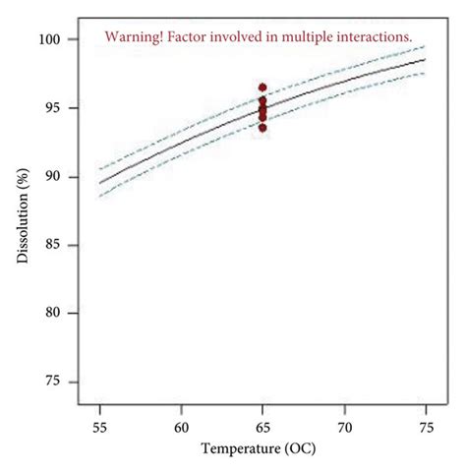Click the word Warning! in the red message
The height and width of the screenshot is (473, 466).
tap(135, 37)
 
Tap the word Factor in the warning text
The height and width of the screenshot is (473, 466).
tap(190, 37)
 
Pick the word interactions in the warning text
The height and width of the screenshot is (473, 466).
tap(377, 37)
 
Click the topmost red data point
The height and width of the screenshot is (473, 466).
tap(262, 88)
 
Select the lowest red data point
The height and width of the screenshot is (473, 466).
tap(262, 128)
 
